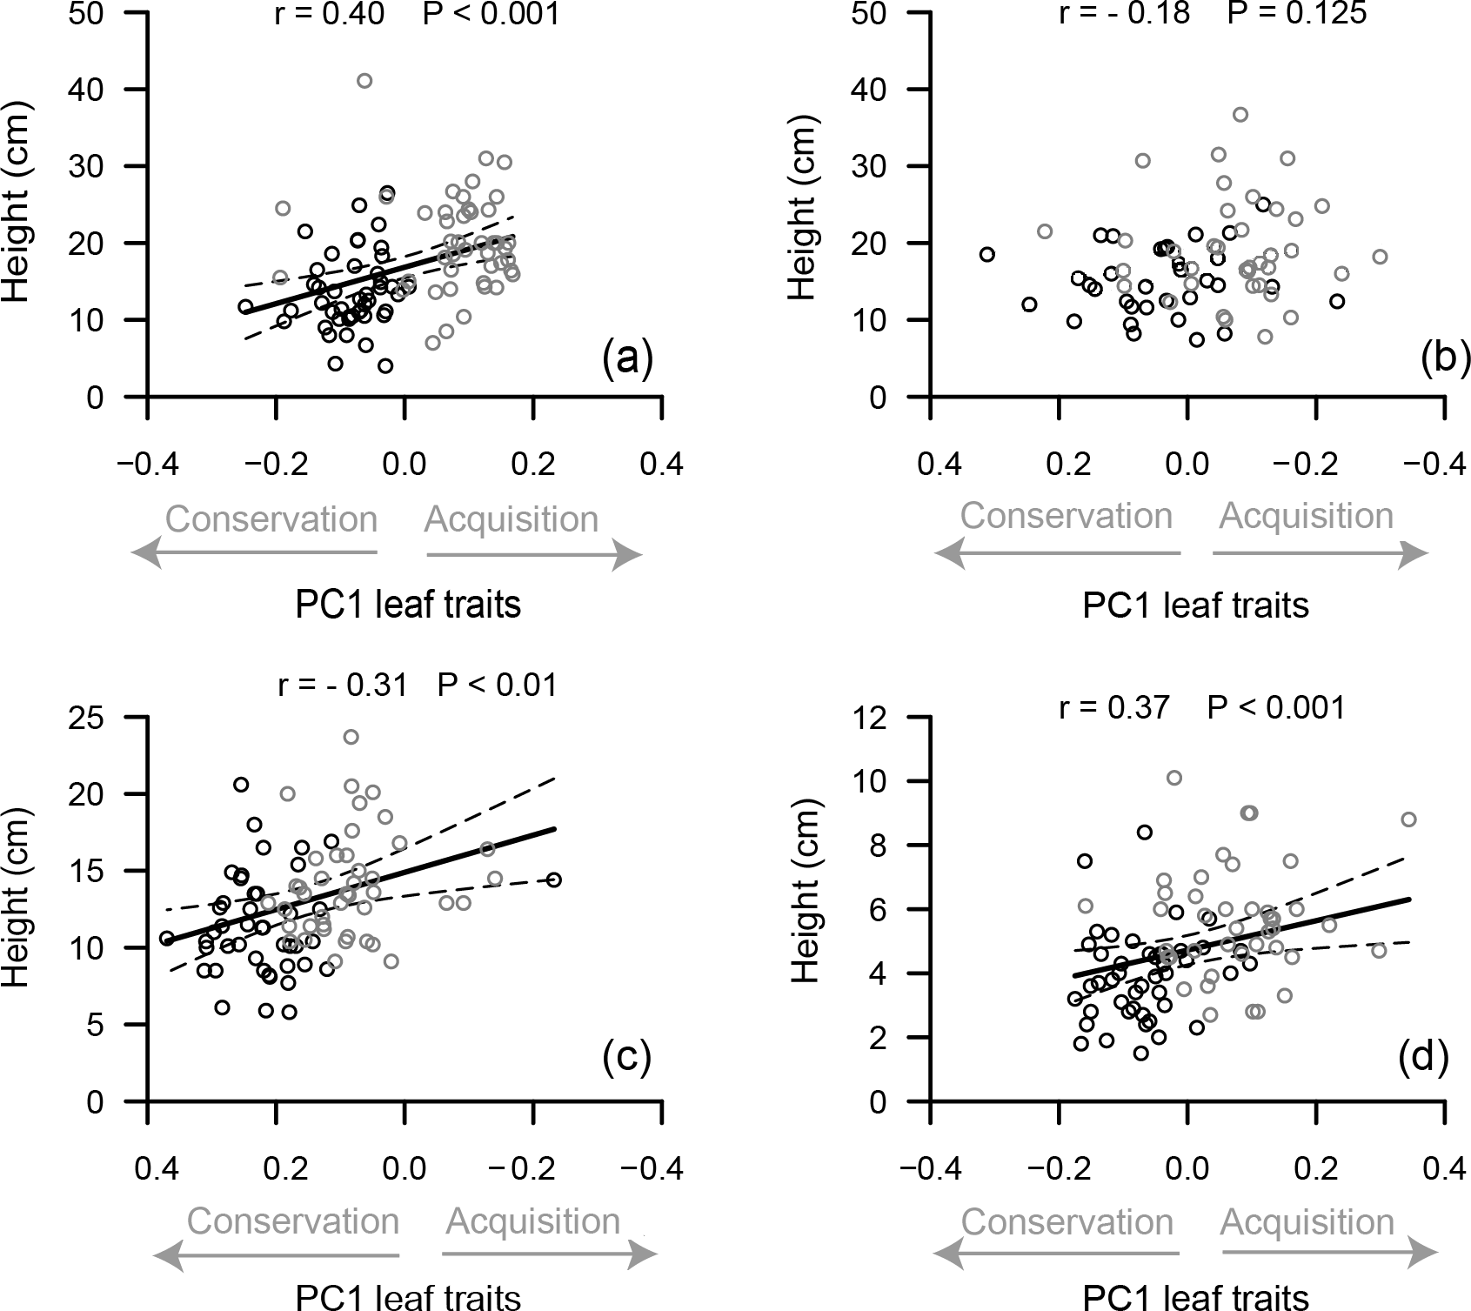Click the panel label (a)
626,358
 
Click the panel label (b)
1444,358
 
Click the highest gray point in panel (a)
364,81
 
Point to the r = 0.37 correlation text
1114,708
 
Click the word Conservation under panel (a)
271,519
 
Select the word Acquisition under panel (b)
1306,516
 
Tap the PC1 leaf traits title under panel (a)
408,604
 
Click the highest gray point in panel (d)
1174,778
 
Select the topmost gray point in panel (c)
351,737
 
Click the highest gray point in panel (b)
1240,115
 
